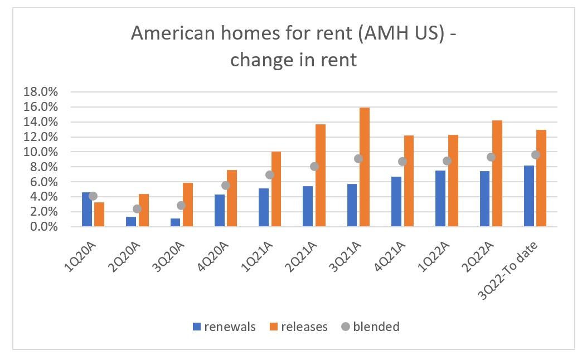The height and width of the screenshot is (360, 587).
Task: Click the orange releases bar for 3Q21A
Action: click(x=365, y=167)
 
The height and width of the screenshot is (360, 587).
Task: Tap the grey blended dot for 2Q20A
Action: click(x=137, y=208)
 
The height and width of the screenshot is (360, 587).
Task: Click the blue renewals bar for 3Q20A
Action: click(x=176, y=222)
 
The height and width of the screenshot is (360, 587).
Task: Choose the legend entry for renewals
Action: click(x=224, y=327)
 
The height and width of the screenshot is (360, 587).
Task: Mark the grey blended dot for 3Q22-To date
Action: click(x=536, y=155)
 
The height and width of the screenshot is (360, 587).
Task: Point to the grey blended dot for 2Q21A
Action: click(x=314, y=166)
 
